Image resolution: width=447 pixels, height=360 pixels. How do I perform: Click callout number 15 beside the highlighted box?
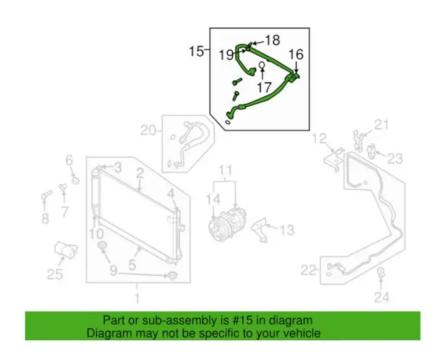point(197,51)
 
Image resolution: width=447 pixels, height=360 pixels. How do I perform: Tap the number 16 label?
point(296,54)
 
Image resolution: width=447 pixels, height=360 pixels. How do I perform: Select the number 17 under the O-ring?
point(264,87)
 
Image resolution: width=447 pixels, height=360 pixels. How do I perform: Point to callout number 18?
point(273,40)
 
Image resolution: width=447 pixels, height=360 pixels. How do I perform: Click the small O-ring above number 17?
point(262,65)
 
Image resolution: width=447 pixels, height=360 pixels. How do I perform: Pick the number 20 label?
point(149,131)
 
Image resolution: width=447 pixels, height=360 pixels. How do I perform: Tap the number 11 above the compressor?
point(225,170)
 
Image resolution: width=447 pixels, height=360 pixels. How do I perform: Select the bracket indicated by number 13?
point(260,230)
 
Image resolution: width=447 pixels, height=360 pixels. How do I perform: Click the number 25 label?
point(54,274)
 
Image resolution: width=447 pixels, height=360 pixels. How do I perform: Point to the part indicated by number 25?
point(66,250)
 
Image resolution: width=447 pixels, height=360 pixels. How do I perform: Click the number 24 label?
point(381,297)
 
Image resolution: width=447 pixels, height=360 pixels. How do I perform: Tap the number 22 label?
point(309,270)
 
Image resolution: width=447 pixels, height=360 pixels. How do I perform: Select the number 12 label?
point(319,139)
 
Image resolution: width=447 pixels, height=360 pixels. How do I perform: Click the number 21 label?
point(381,125)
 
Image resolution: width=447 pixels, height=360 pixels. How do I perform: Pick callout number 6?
point(69,160)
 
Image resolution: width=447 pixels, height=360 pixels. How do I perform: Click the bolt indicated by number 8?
point(46,195)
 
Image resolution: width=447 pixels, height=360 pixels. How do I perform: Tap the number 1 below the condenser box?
point(137,299)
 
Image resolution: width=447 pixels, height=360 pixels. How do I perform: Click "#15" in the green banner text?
point(241,320)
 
